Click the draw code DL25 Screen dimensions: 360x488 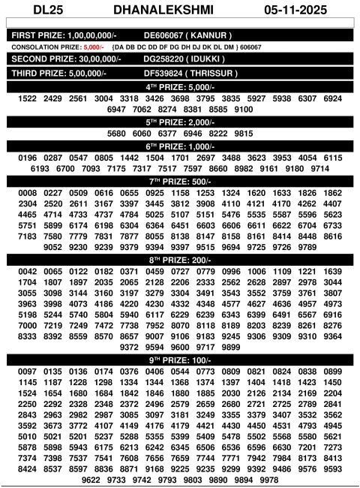pyautogui.click(x=28, y=11)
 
